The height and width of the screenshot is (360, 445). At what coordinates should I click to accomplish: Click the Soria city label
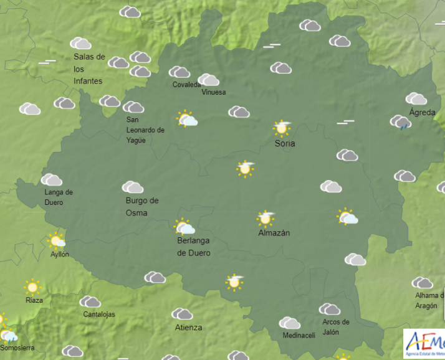click(285, 144)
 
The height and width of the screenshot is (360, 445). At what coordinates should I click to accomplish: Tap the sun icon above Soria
click(282, 128)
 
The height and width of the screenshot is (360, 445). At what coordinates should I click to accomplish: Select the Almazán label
click(274, 233)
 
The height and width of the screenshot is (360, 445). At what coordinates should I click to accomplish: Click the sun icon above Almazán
click(266, 218)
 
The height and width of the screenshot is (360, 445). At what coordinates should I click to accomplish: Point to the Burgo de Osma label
click(141, 207)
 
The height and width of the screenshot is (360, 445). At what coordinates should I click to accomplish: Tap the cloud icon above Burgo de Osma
click(133, 187)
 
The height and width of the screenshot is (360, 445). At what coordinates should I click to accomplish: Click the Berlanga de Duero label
click(193, 247)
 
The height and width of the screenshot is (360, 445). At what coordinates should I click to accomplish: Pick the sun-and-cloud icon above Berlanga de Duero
click(184, 227)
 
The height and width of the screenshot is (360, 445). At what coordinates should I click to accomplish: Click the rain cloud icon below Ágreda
click(401, 122)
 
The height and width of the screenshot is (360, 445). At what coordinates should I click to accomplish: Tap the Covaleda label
click(186, 85)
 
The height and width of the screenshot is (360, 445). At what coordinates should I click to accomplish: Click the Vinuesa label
click(214, 92)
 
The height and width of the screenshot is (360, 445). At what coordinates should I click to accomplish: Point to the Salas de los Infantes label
click(89, 69)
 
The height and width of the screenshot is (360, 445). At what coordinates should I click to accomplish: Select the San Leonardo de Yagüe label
click(145, 130)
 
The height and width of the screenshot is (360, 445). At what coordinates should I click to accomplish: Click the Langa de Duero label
click(59, 197)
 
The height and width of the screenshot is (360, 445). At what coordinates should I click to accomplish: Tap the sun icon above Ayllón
click(57, 240)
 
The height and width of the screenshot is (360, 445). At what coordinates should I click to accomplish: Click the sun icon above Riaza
click(32, 287)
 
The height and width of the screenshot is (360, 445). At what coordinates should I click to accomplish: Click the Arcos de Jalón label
click(335, 327)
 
